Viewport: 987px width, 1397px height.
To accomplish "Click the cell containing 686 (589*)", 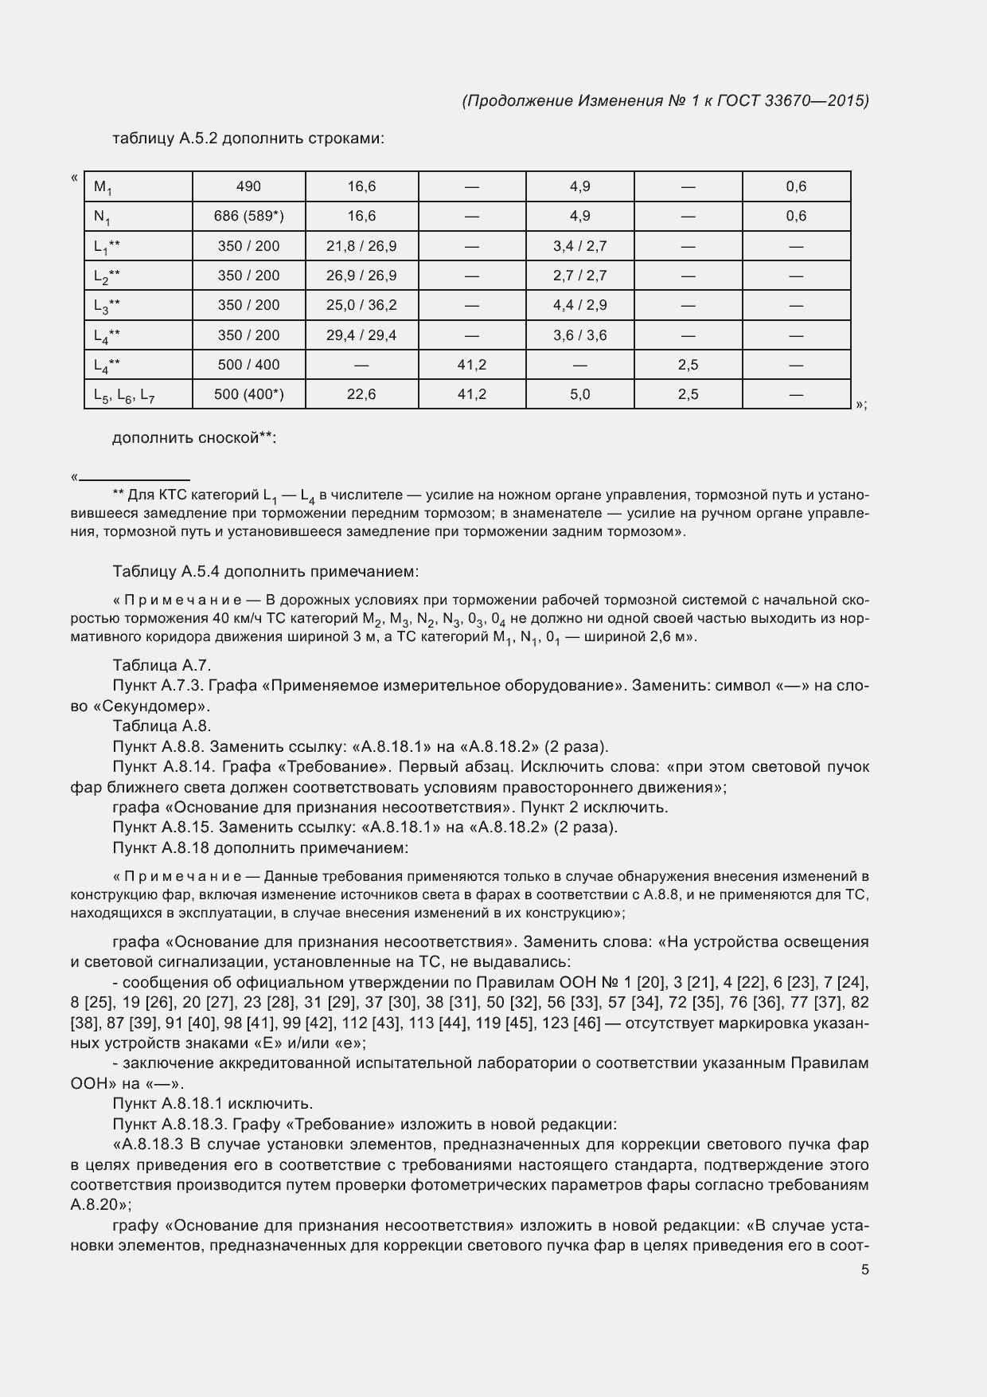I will click(248, 216).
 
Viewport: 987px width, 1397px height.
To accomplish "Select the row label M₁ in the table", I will click(103, 187).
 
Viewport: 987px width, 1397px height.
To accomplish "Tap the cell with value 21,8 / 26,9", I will click(361, 246).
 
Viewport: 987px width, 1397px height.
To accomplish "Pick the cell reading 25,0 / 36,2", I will click(361, 305).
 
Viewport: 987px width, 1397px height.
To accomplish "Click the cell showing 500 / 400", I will click(248, 365).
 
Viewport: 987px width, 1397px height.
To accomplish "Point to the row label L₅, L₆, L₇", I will click(123, 395).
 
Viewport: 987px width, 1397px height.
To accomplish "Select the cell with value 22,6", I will click(361, 394).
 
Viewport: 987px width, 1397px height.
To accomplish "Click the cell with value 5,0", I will click(579, 394).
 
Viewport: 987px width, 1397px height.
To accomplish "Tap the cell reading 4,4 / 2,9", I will click(579, 305).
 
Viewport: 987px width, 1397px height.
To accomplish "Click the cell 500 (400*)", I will click(248, 394).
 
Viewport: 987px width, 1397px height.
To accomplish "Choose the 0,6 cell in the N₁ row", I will click(796, 216).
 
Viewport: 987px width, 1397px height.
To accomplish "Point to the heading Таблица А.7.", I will click(162, 666).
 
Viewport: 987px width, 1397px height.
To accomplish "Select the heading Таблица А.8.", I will click(162, 726).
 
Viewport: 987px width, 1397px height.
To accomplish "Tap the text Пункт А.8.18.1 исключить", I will click(213, 1104).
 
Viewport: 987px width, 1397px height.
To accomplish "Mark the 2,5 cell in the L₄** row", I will click(688, 365).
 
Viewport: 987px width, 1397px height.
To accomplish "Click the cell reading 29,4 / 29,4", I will click(361, 335).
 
